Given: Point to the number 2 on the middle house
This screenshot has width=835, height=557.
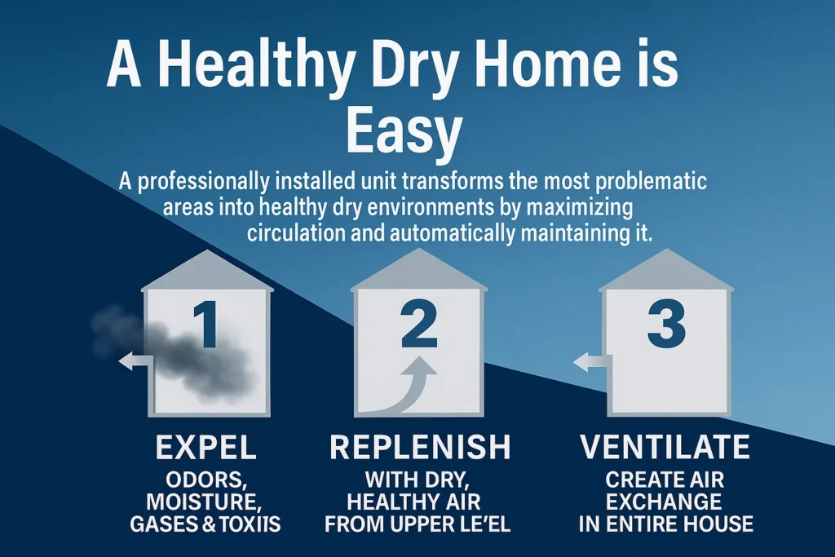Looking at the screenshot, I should (x=418, y=327).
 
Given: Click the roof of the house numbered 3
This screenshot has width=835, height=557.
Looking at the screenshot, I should (x=665, y=272).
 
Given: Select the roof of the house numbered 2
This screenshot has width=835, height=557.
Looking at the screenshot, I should (x=417, y=272).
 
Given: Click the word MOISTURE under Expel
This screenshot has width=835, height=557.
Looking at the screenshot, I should (x=205, y=500).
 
